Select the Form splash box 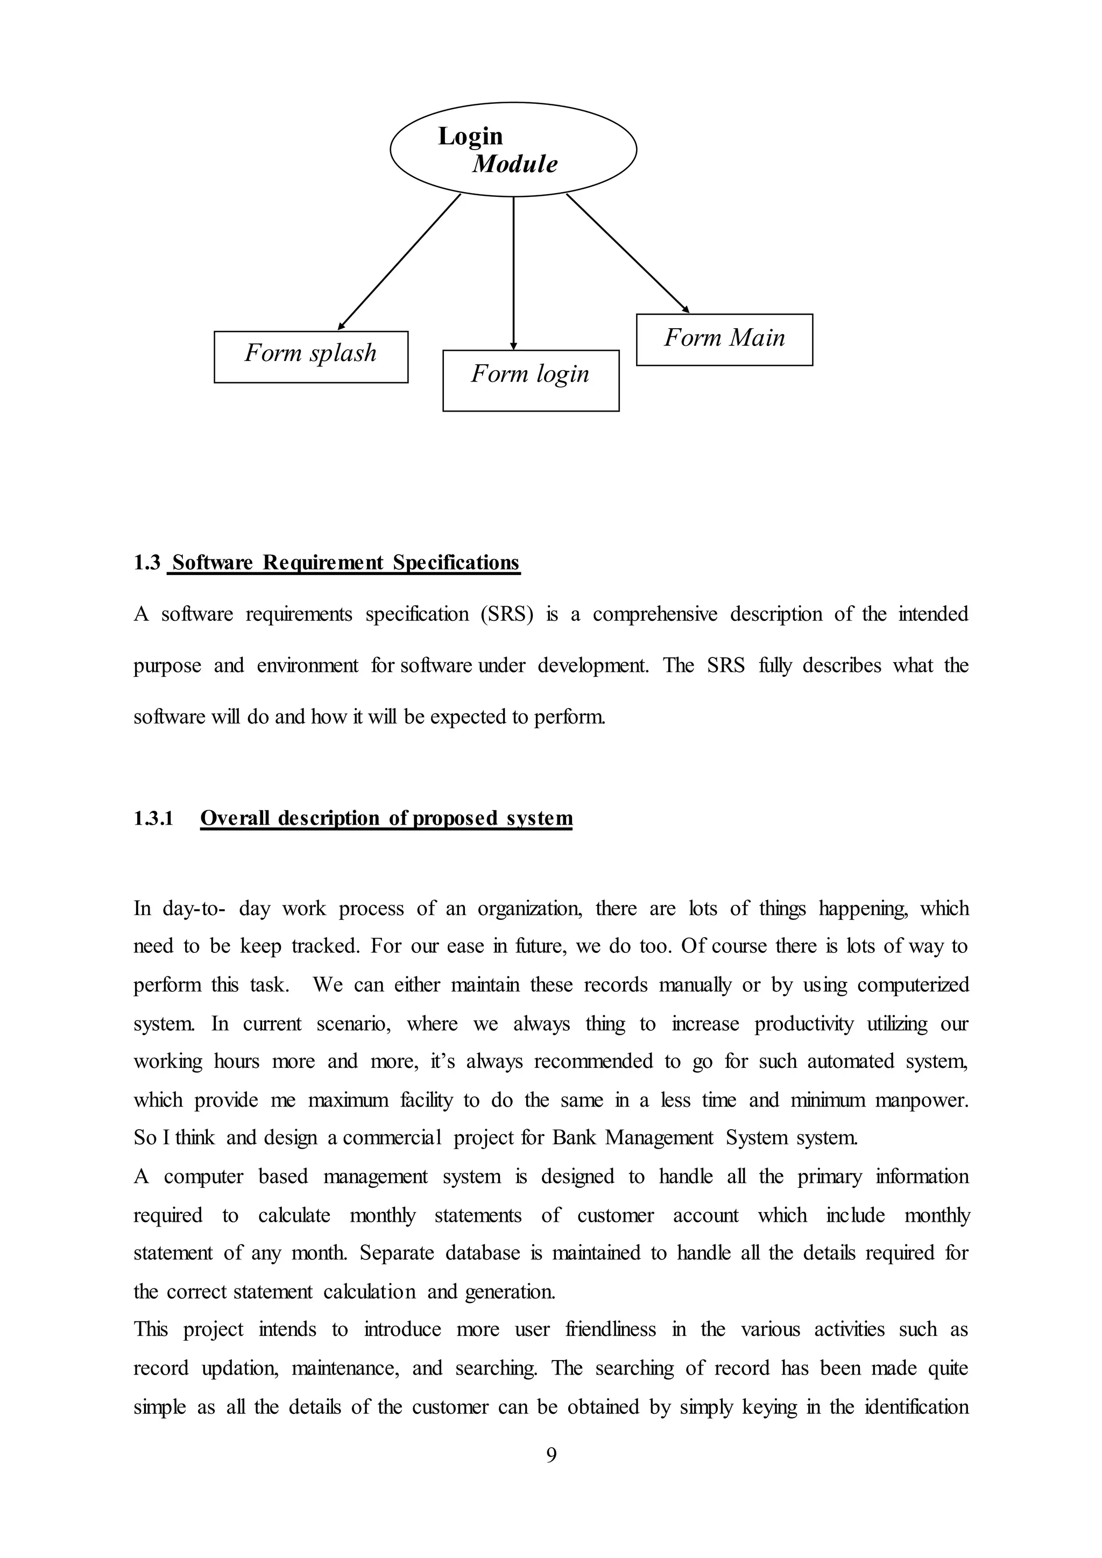(x=311, y=357)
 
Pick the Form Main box (x=724, y=339)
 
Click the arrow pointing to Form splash (x=399, y=262)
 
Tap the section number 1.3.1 (x=153, y=818)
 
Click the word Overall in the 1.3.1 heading (x=235, y=818)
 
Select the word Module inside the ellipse (x=515, y=164)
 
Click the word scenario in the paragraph (x=354, y=1023)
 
